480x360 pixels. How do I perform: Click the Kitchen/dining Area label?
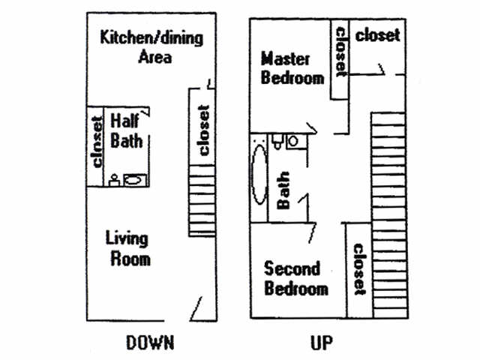(151, 46)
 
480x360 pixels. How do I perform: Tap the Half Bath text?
(126, 130)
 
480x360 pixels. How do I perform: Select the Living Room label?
(127, 249)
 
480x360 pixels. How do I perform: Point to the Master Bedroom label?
(292, 67)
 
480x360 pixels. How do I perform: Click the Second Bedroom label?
(296, 278)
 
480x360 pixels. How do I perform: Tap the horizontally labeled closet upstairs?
(377, 35)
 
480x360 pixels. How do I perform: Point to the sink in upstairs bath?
(293, 140)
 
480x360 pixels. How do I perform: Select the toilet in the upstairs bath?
(276, 140)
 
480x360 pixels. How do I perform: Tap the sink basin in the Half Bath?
(135, 179)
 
